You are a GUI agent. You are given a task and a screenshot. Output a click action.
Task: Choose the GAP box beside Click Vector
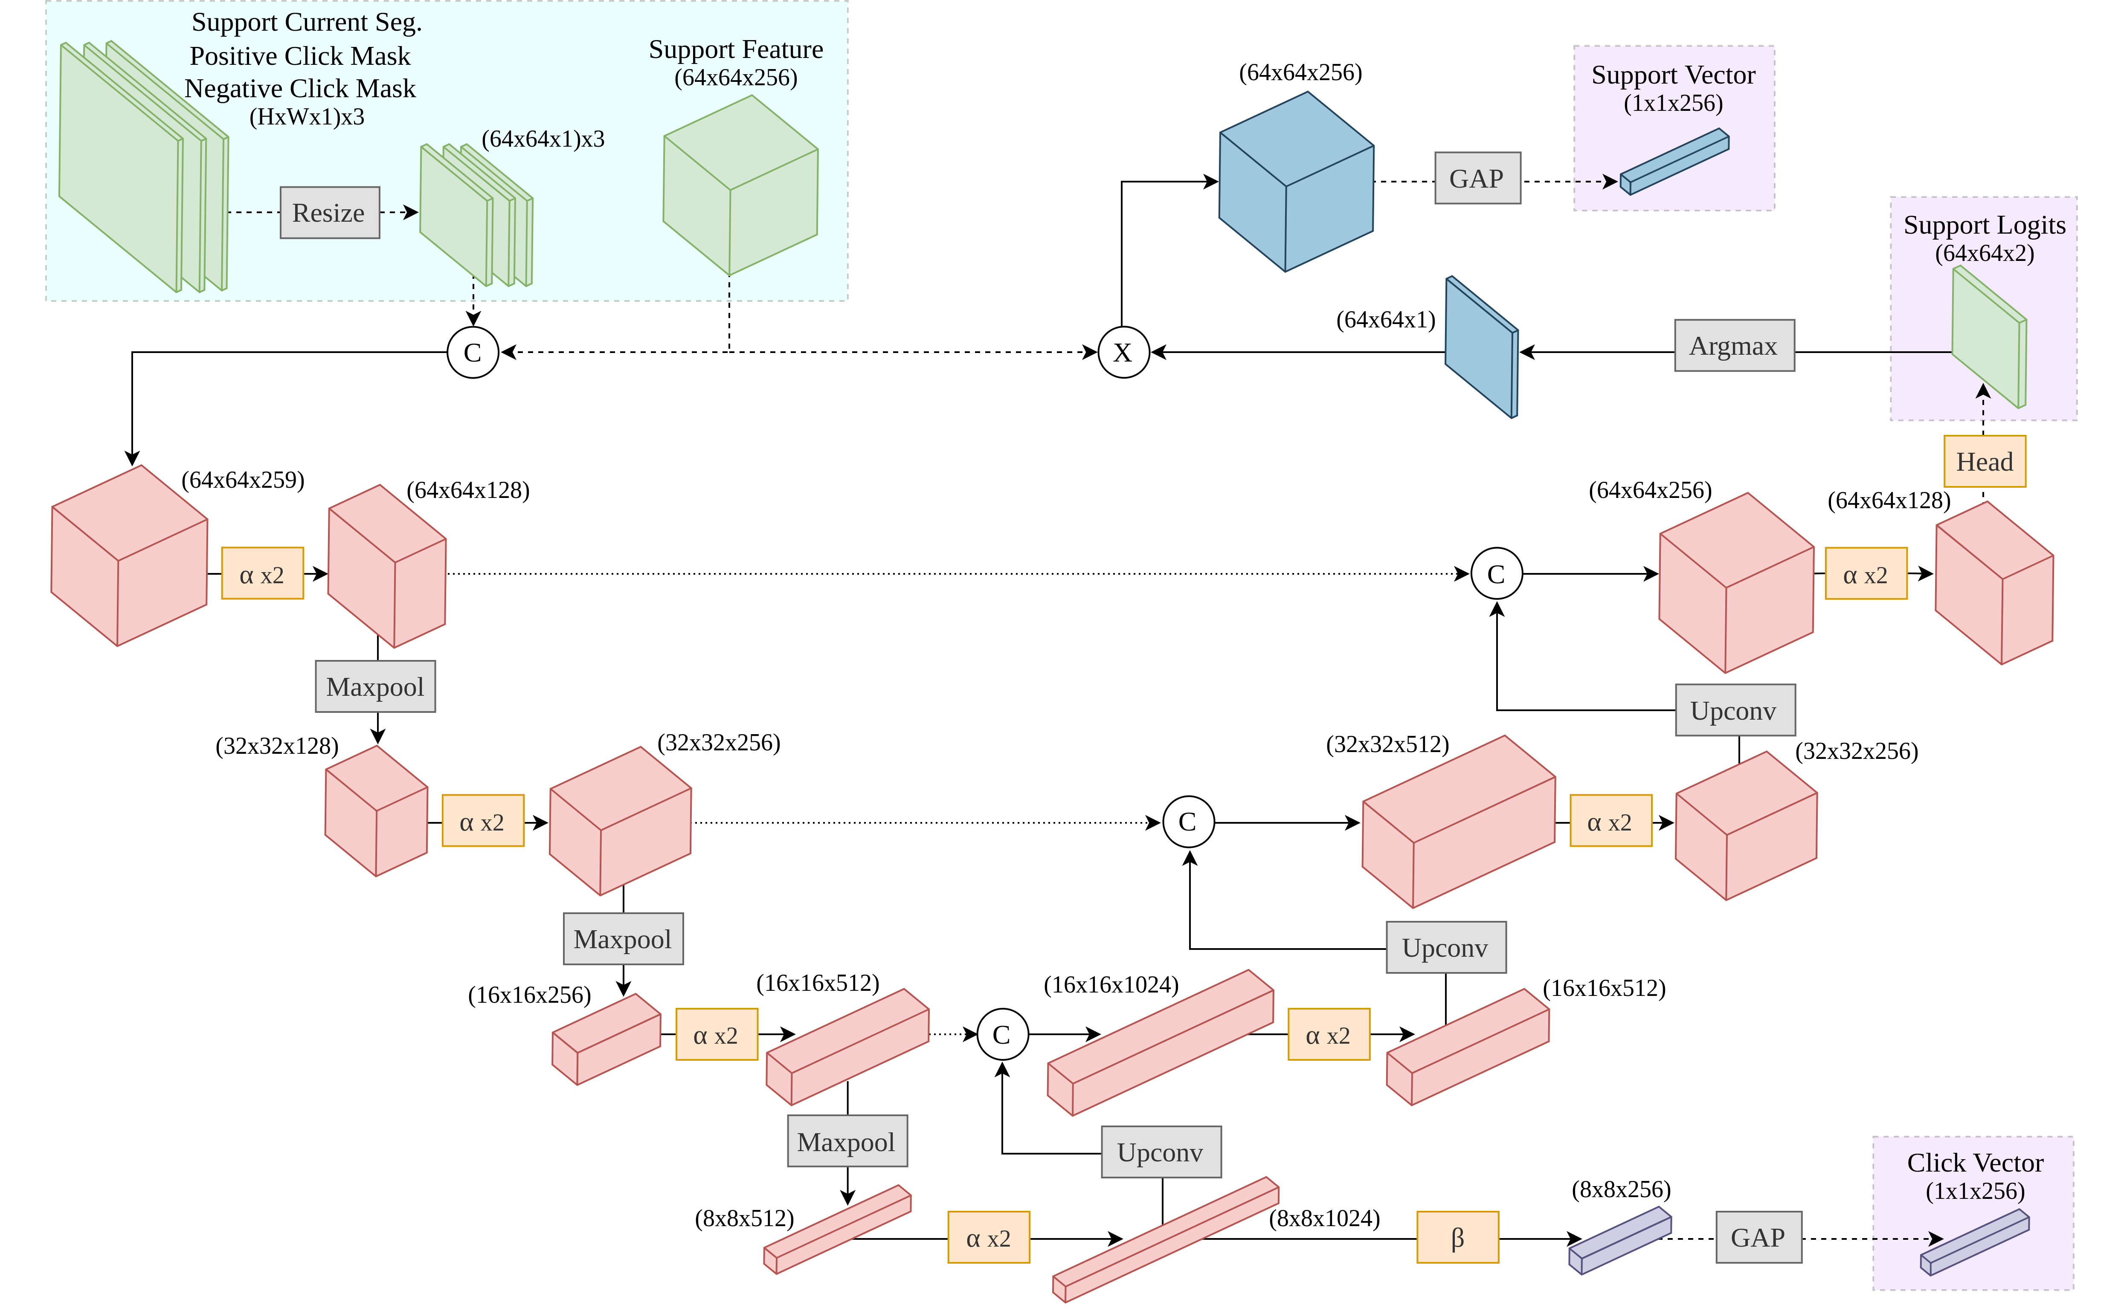(x=1758, y=1238)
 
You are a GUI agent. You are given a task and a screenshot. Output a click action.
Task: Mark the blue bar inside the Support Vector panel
(x=1674, y=162)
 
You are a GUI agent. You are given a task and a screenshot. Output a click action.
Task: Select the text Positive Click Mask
(x=300, y=56)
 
